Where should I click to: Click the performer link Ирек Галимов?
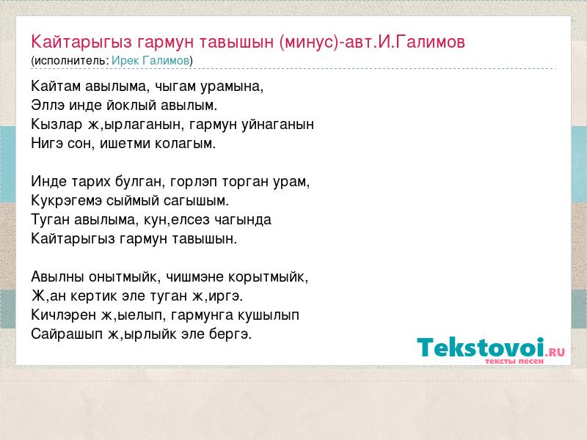(x=150, y=60)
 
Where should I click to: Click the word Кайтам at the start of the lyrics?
(x=56, y=86)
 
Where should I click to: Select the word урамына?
(x=232, y=87)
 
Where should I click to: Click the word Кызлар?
(x=56, y=124)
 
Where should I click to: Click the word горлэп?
(x=193, y=182)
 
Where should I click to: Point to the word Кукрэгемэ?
(x=66, y=201)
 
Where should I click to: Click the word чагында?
(x=243, y=219)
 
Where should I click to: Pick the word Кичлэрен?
(x=64, y=315)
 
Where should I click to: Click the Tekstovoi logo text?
(x=481, y=347)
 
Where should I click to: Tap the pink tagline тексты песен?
(x=514, y=361)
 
